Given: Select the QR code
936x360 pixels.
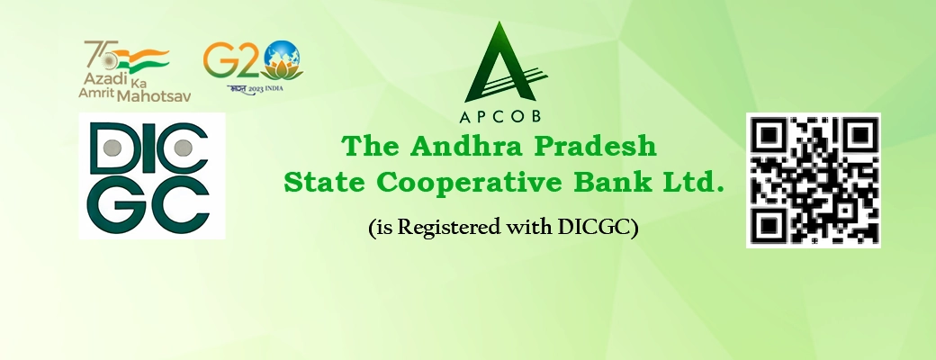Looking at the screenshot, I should click(813, 179).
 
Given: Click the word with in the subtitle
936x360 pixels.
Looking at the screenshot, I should click(525, 229).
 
